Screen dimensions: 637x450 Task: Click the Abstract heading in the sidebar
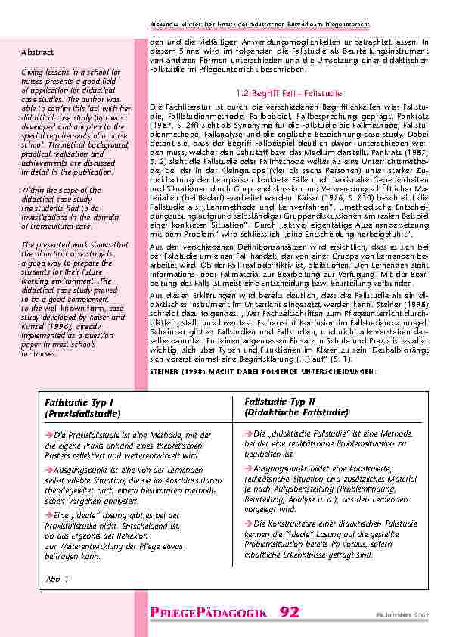pyautogui.click(x=37, y=52)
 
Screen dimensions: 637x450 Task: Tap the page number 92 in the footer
pyautogui.click(x=294, y=611)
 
